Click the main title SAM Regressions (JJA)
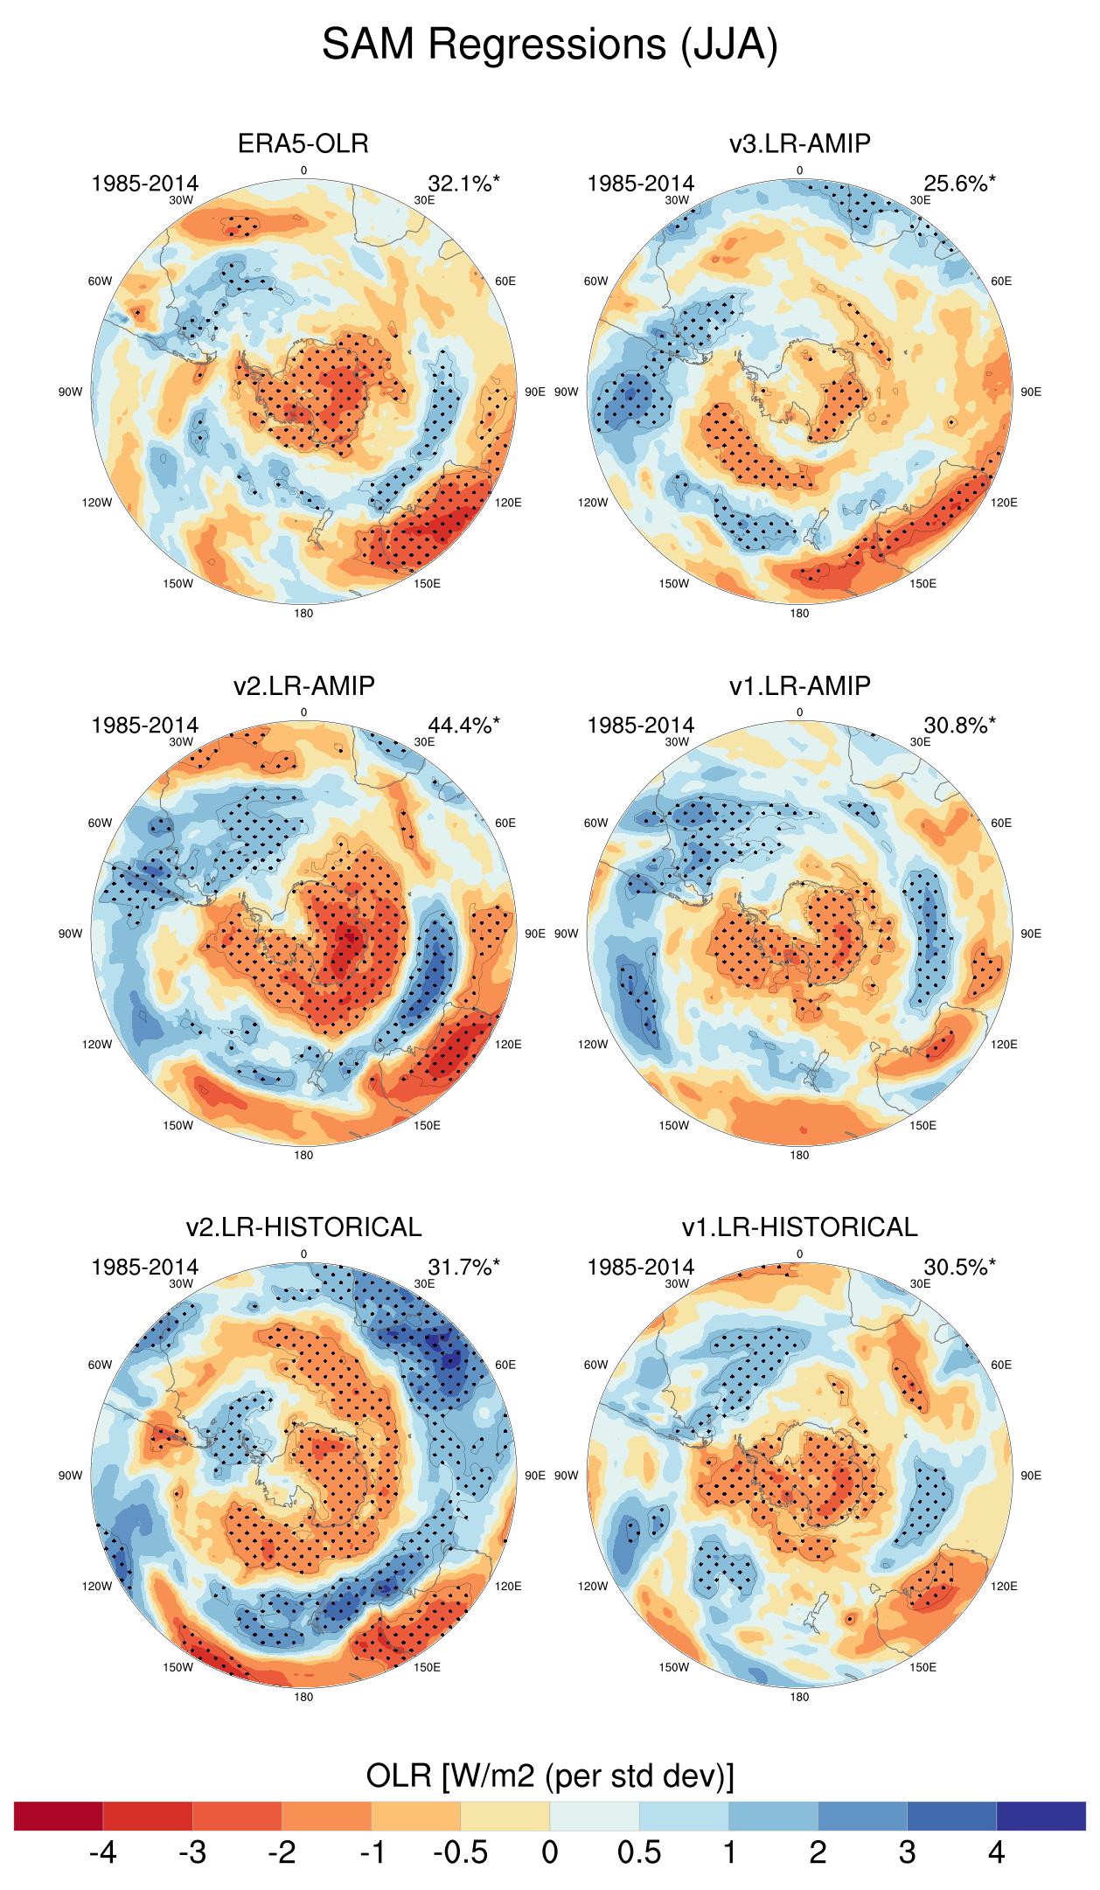point(549,44)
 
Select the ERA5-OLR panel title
point(303,143)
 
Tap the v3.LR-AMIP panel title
point(799,143)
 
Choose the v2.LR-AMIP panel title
point(303,685)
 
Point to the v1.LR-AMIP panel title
point(799,685)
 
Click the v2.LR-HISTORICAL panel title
point(303,1227)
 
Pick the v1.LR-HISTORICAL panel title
point(799,1227)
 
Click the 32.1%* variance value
point(463,184)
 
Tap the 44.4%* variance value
point(463,726)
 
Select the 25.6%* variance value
point(959,184)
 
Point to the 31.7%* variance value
point(463,1268)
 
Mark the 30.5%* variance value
point(959,1268)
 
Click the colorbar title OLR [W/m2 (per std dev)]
point(549,1776)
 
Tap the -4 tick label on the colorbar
point(102,1852)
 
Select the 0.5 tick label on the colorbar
point(639,1852)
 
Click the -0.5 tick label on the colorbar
point(460,1852)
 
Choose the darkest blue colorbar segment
point(1041,1816)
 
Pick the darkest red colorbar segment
point(59,1816)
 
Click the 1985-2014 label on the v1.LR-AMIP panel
point(640,726)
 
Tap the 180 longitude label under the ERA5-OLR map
point(303,614)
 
